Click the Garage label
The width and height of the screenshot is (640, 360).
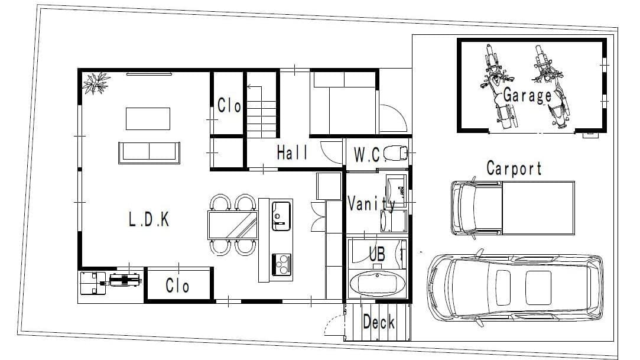click(x=527, y=96)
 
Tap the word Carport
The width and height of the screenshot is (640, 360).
click(x=514, y=168)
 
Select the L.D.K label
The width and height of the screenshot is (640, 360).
click(x=148, y=219)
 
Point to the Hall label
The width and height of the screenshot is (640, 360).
click(x=293, y=153)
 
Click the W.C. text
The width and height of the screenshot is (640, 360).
click(x=369, y=155)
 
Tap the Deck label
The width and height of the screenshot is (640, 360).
click(x=379, y=322)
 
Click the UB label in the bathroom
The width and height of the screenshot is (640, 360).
click(x=377, y=254)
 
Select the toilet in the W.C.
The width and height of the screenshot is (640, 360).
click(x=395, y=153)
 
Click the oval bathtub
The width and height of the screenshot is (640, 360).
click(x=377, y=283)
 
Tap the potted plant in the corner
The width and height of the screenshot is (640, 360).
click(x=96, y=83)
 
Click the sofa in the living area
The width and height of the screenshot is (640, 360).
click(x=149, y=153)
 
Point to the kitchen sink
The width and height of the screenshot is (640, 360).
click(x=281, y=216)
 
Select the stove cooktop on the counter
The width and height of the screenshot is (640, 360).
click(x=281, y=264)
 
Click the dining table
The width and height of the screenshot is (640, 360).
click(x=233, y=225)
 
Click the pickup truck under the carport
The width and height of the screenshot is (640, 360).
click(x=513, y=208)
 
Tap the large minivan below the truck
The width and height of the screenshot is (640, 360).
click(x=515, y=288)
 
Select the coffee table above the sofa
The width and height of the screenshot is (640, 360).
click(x=148, y=119)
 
